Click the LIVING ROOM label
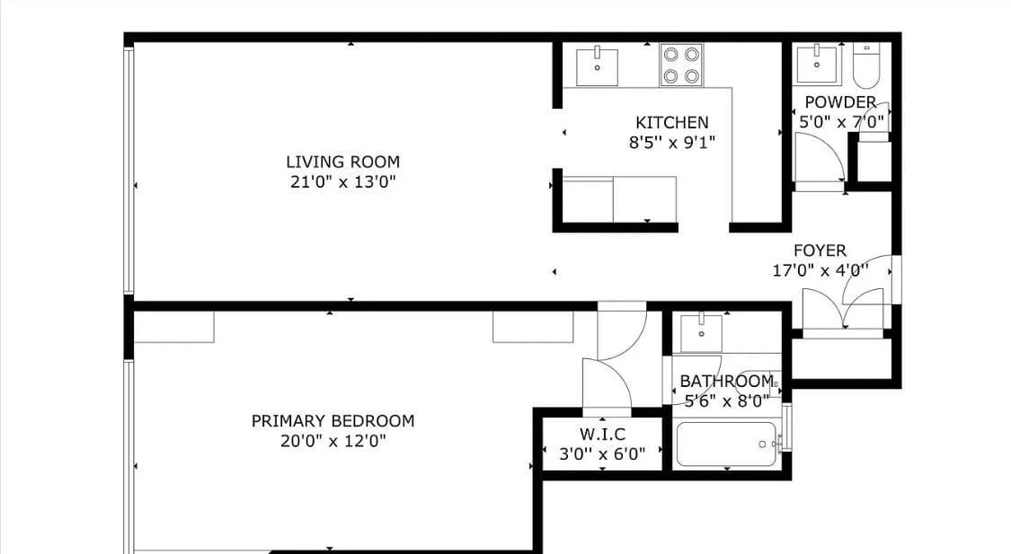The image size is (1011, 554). [342, 163]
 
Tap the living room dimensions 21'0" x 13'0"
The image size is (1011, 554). [342, 182]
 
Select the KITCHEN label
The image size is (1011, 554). [671, 122]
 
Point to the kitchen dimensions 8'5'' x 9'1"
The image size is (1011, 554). [671, 142]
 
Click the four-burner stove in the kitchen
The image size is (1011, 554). [680, 65]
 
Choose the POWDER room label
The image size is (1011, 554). [840, 102]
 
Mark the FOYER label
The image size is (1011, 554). [819, 251]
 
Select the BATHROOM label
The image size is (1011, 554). [725, 382]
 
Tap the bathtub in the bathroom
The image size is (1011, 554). [726, 444]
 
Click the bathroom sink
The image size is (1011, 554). [700, 333]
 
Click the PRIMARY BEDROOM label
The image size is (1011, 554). [333, 421]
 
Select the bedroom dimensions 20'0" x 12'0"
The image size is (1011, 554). [333, 441]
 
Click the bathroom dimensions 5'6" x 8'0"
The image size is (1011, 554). [727, 401]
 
